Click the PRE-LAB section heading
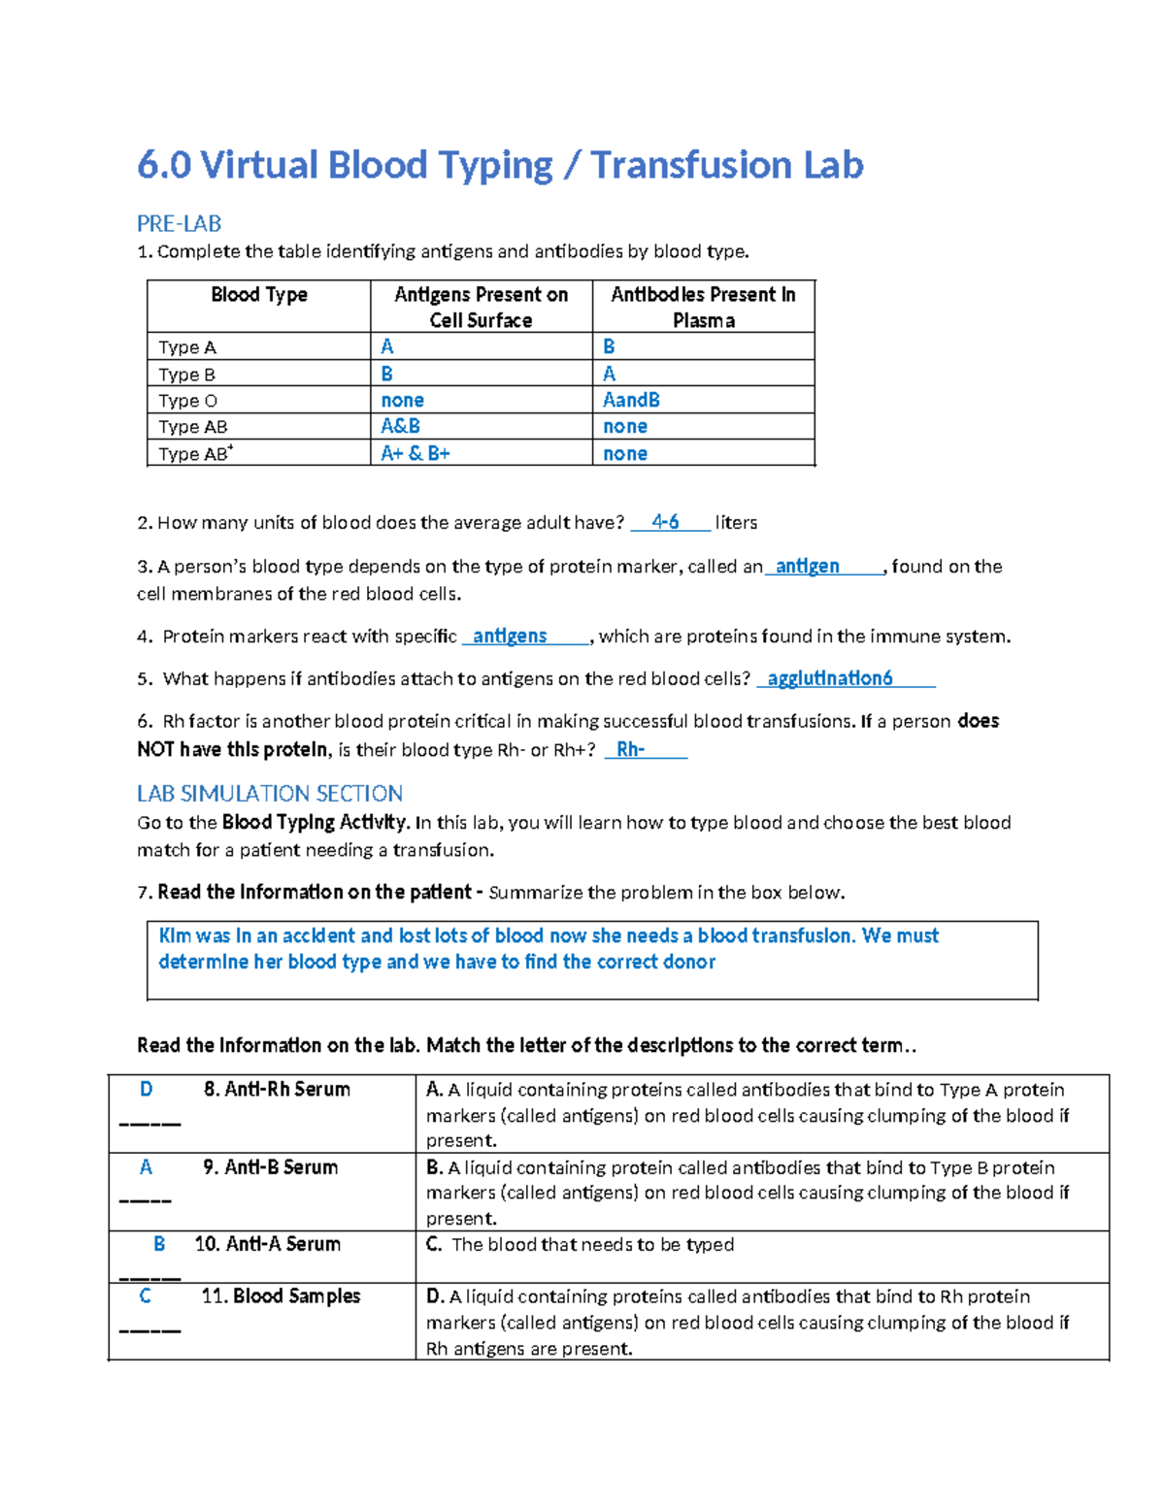click(179, 224)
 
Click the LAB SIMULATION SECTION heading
click(269, 794)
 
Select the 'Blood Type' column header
click(258, 295)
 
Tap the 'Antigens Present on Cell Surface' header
click(481, 307)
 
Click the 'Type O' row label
click(187, 401)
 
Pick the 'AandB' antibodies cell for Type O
click(631, 400)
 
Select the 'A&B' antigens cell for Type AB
click(400, 426)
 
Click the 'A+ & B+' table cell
click(415, 453)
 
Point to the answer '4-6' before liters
click(665, 522)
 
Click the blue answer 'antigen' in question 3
click(807, 566)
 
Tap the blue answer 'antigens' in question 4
click(509, 636)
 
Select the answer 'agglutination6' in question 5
click(829, 678)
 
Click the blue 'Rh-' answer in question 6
click(630, 749)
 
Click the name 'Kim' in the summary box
click(175, 935)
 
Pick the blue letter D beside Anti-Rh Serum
click(146, 1089)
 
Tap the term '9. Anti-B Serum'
click(270, 1167)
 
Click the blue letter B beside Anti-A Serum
click(159, 1244)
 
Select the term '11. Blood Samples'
click(281, 1296)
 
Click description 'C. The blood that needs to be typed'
click(580, 1245)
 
